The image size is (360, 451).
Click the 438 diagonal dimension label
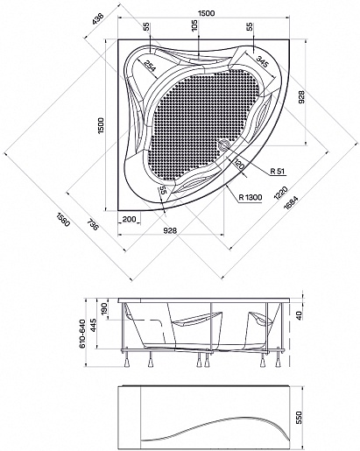[98, 20]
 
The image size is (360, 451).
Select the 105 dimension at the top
[195, 25]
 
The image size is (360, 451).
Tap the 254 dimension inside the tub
[151, 67]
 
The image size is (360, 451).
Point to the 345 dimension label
[262, 61]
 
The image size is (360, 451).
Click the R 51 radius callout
[277, 172]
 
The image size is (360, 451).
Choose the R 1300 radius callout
[251, 197]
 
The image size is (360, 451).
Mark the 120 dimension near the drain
[238, 166]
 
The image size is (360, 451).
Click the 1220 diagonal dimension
[280, 193]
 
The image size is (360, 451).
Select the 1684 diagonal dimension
[291, 202]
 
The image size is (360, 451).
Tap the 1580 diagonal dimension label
[63, 220]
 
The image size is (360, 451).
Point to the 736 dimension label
[92, 225]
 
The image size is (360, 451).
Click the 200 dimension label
[129, 219]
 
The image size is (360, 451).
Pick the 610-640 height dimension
[82, 334]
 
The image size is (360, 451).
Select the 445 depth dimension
[93, 325]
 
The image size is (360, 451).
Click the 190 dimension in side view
[105, 308]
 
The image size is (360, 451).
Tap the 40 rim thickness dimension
[299, 315]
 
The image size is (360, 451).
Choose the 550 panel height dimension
[299, 418]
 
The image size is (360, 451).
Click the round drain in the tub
[224, 144]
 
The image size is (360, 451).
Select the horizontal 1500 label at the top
[206, 13]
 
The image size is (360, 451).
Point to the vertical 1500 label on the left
[101, 126]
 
